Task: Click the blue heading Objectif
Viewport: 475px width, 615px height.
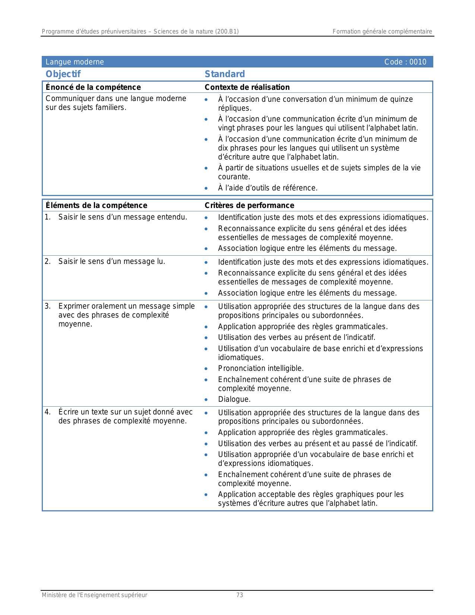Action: [x=63, y=74]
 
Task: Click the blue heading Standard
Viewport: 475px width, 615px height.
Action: [x=225, y=74]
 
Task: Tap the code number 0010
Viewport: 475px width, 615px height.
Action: [x=418, y=62]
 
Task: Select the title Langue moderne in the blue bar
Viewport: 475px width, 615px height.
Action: [x=75, y=62]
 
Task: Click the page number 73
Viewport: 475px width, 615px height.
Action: [x=240, y=595]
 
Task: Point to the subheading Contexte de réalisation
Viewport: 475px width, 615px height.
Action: [x=247, y=87]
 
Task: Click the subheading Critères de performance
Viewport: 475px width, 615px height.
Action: [x=249, y=205]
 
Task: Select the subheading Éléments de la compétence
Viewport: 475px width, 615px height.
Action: [x=96, y=205]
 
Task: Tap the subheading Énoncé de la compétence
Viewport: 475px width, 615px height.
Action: [x=93, y=87]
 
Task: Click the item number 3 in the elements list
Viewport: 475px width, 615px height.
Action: [x=47, y=306]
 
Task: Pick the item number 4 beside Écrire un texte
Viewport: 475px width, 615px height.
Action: [x=47, y=412]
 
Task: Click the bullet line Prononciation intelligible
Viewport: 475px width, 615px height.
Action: [x=261, y=369]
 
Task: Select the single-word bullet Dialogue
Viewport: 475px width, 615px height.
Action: [x=234, y=399]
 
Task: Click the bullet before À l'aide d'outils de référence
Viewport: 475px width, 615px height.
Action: [x=206, y=188]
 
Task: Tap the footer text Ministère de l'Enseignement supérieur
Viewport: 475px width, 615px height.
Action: [x=94, y=595]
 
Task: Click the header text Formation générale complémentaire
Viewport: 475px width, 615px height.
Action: [x=382, y=32]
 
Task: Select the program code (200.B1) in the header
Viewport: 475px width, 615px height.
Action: [x=227, y=32]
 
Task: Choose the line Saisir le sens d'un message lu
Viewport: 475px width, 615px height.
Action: [x=111, y=262]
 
